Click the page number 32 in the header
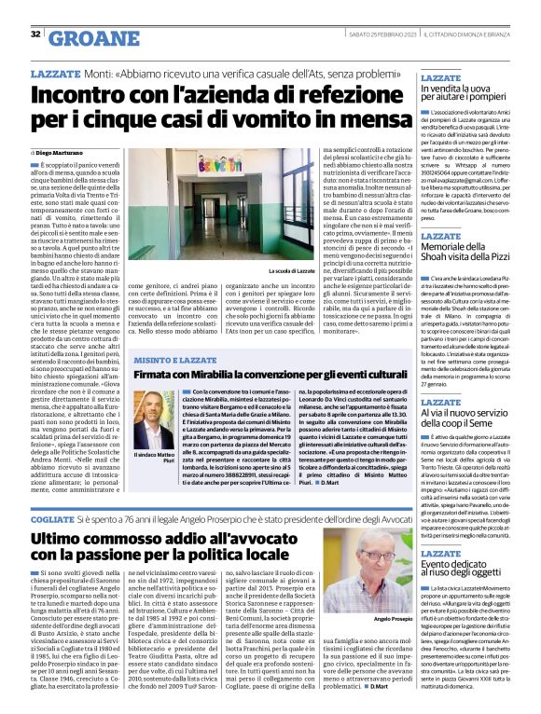(35, 34)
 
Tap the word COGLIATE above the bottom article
(53, 515)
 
